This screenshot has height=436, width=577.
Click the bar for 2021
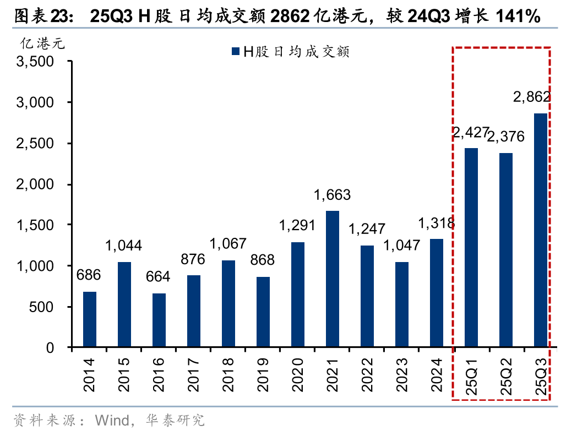(333, 279)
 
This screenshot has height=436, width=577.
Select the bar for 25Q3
(540, 230)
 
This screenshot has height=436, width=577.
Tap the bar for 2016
(159, 320)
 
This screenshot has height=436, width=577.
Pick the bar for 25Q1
(471, 248)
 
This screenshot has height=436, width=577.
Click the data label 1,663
(332, 195)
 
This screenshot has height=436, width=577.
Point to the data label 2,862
(531, 97)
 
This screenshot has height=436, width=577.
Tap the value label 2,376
(506, 137)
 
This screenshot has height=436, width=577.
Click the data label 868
(263, 260)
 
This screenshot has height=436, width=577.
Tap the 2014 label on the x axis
(90, 374)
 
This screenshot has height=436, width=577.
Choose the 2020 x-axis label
(298, 374)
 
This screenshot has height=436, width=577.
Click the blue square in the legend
(235, 52)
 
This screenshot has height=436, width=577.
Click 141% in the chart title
(517, 17)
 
